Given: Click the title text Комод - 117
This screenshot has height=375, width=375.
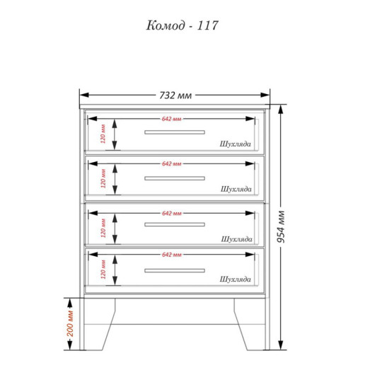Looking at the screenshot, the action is pyautogui.click(x=182, y=25).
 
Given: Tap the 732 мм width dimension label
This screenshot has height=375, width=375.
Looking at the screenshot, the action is pyautogui.click(x=175, y=96).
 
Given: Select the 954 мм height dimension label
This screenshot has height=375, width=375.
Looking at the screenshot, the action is pyautogui.click(x=281, y=226).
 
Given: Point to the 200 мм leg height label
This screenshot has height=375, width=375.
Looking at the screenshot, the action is pyautogui.click(x=70, y=323).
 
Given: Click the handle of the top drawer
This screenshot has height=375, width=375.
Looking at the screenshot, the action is pyautogui.click(x=175, y=132).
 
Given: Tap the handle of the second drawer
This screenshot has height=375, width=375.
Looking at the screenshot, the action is pyautogui.click(x=175, y=178).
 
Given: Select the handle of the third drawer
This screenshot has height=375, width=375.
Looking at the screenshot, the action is pyautogui.click(x=175, y=224).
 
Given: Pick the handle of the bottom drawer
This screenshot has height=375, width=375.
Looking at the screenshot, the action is pyautogui.click(x=175, y=270).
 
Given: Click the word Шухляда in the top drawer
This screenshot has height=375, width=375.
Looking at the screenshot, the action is pyautogui.click(x=236, y=144).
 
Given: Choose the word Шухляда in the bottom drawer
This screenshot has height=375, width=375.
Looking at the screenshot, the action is pyautogui.click(x=236, y=279).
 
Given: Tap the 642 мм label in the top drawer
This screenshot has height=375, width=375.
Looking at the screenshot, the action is pyautogui.click(x=171, y=119).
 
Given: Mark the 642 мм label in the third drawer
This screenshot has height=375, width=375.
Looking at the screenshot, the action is pyautogui.click(x=172, y=214).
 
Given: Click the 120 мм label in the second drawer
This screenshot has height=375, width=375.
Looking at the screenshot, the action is pyautogui.click(x=103, y=178).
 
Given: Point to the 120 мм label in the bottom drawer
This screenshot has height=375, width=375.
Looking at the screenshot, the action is pyautogui.click(x=103, y=270).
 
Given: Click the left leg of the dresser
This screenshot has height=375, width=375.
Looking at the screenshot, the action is pyautogui.click(x=98, y=324).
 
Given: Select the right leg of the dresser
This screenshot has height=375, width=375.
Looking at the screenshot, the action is pyautogui.click(x=250, y=324).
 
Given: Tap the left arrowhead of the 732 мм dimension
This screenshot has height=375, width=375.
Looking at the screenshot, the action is pyautogui.click(x=84, y=95).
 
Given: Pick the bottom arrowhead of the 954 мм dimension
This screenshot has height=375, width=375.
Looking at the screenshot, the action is pyautogui.click(x=281, y=345).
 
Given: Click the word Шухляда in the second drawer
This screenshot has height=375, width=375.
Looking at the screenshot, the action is pyautogui.click(x=236, y=189).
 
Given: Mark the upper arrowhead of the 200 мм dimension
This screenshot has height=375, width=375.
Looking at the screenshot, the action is pyautogui.click(x=69, y=303).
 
